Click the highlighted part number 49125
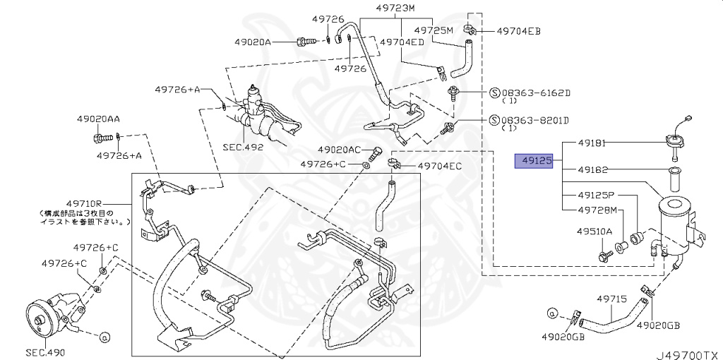point(537,162)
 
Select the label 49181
point(592,143)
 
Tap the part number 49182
point(592,170)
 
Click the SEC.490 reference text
point(45,352)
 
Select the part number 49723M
point(395,8)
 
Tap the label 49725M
point(434,30)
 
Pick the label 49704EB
point(518,31)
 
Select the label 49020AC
point(340,150)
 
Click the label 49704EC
point(439,166)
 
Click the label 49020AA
point(98,121)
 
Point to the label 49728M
point(597,210)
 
